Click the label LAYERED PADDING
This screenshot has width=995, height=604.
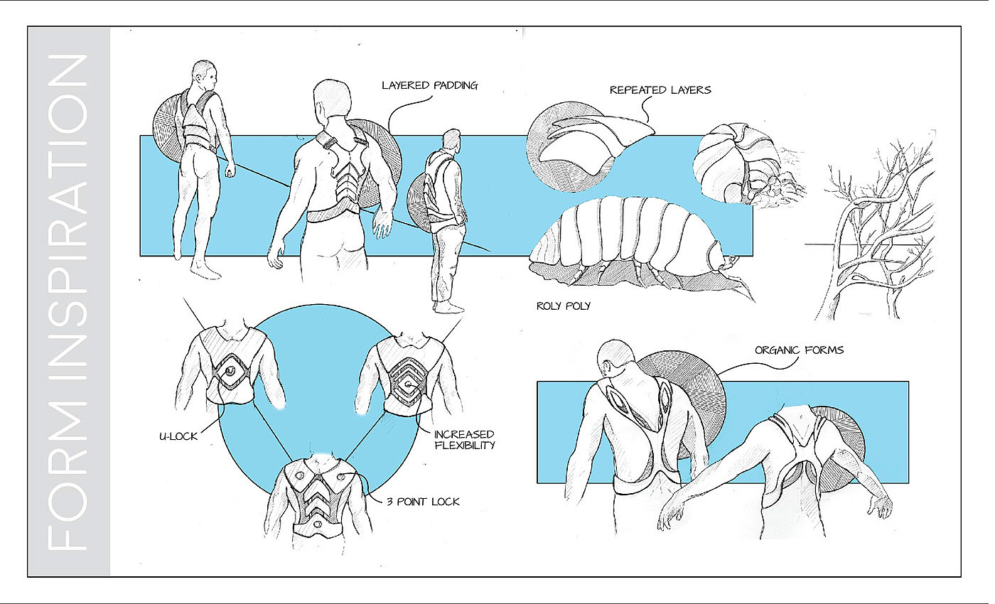pyautogui.click(x=429, y=85)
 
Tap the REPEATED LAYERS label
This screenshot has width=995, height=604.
pyautogui.click(x=660, y=90)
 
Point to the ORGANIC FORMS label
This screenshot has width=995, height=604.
pyautogui.click(x=799, y=350)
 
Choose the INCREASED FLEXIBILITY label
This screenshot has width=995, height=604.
pyautogui.click(x=465, y=440)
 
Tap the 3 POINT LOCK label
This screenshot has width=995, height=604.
pyautogui.click(x=423, y=502)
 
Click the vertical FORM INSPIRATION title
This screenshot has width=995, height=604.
pyautogui.click(x=69, y=303)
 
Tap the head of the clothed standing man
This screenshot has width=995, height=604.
pyautogui.click(x=451, y=139)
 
